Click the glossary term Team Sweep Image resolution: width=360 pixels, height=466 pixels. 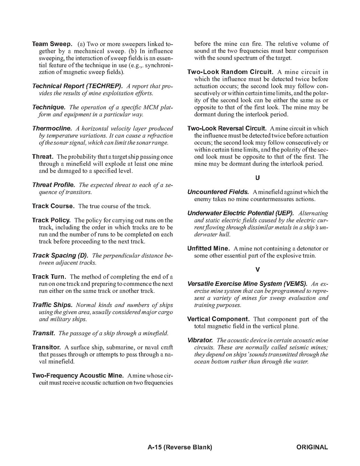tap(52, 44)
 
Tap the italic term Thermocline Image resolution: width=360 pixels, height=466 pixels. tap(52, 128)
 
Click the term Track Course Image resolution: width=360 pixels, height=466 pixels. tap(53, 206)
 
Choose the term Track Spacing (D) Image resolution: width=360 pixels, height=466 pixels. tap(60, 256)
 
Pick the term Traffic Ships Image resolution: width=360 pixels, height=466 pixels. tap(52, 305)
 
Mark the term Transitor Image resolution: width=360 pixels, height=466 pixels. tap(46, 347)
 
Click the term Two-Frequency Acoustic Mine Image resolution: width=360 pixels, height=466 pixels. tap(78, 376)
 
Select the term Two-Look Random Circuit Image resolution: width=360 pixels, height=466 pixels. tap(231, 72)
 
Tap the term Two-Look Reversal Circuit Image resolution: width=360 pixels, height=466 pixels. tap(227, 128)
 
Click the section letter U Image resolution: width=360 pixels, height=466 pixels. tap(257, 178)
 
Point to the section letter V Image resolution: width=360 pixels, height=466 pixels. tap(257, 270)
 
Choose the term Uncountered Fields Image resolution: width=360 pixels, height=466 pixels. tap(218, 192)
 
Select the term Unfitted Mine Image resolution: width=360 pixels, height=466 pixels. tap(208, 249)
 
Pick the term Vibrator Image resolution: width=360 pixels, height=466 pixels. tap(200, 340)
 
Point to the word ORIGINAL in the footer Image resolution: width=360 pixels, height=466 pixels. tap(312, 447)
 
